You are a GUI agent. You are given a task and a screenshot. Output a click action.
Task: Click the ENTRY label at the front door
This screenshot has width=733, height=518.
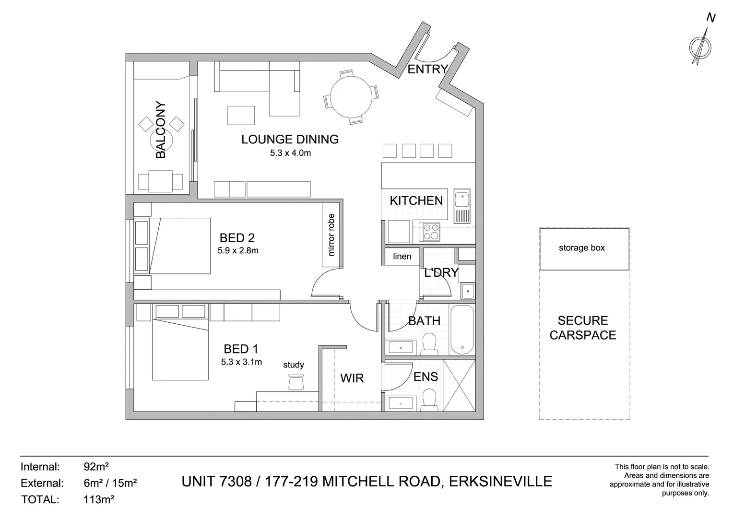[x=427, y=70]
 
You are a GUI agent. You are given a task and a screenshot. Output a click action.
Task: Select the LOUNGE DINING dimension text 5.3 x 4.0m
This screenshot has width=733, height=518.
[x=290, y=153]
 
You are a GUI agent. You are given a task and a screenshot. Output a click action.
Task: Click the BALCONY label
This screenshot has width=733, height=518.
[x=161, y=130]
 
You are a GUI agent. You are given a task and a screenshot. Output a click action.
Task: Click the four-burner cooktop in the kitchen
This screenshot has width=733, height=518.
[x=429, y=232]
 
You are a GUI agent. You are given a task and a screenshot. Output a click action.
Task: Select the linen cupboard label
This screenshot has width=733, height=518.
[x=402, y=256]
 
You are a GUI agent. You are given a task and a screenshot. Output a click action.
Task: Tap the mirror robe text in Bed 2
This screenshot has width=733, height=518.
[x=331, y=235]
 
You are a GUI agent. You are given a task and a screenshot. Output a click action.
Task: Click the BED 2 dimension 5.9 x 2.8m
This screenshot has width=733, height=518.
[x=237, y=250]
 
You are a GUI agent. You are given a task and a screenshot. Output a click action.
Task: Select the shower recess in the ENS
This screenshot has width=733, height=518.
[x=459, y=385]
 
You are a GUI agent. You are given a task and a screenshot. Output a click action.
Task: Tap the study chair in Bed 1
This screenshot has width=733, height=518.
[x=296, y=382]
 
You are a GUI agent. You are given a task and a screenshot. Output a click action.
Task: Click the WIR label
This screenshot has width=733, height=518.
[x=352, y=378]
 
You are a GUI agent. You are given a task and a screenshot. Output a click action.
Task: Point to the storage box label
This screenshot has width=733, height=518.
[x=581, y=248]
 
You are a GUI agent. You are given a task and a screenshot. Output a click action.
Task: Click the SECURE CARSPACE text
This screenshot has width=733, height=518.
[x=582, y=328]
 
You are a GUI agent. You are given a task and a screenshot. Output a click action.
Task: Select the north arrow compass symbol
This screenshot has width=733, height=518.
[x=701, y=47]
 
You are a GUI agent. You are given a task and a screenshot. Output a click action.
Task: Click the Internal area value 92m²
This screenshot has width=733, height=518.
[x=96, y=466]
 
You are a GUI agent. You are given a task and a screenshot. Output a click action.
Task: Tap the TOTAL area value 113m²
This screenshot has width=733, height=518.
[x=98, y=499]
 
